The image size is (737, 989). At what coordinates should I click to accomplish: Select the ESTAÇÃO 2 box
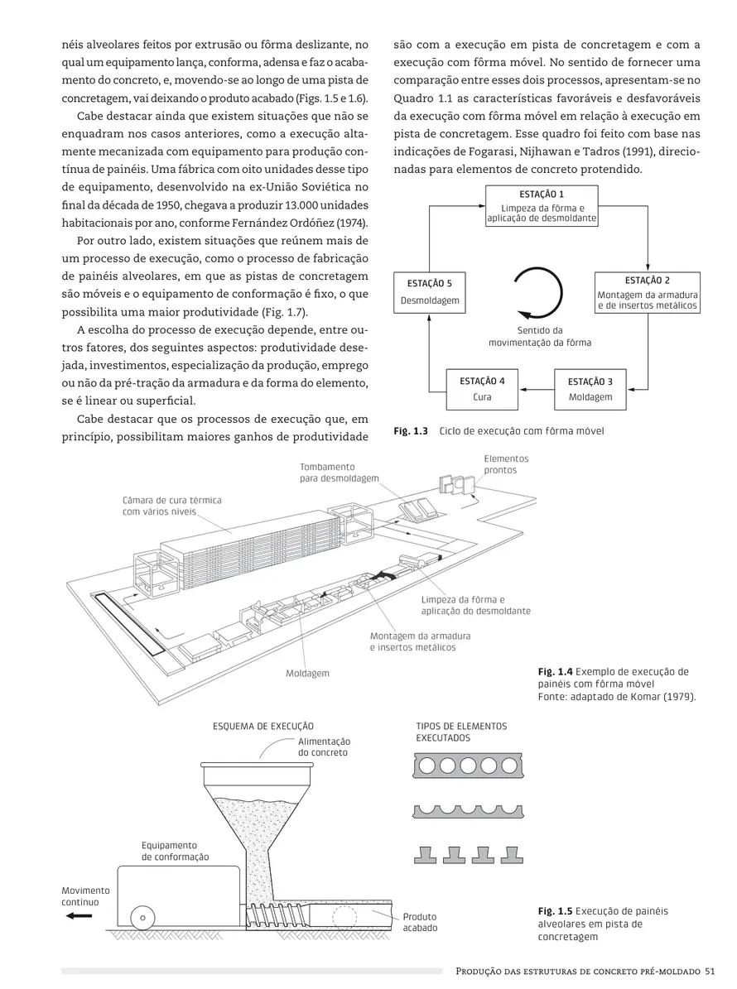click(648, 293)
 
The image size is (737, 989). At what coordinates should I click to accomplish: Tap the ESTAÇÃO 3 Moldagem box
click(590, 390)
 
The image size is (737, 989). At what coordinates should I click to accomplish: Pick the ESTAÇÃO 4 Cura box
click(482, 390)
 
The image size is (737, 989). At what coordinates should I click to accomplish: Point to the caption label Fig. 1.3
click(411, 431)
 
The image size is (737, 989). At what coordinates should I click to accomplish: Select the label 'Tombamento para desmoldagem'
click(339, 473)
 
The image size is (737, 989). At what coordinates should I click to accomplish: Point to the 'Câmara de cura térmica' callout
click(171, 507)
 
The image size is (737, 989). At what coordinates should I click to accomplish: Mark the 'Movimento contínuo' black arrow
click(80, 916)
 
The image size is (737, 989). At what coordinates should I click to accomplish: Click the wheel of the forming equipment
click(142, 918)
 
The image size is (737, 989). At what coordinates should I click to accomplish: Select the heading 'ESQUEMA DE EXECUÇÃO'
click(263, 727)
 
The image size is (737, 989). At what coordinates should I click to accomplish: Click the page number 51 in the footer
click(711, 971)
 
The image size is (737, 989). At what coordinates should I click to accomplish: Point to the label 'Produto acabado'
click(420, 922)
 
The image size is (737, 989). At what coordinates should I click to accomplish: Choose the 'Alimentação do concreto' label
click(324, 747)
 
